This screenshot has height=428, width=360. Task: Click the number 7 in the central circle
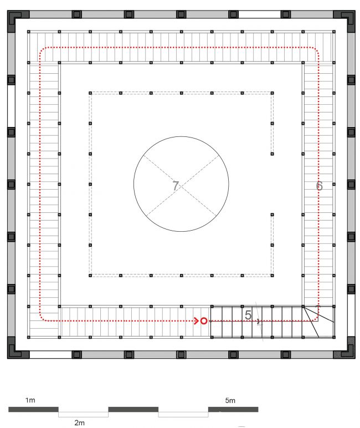176,186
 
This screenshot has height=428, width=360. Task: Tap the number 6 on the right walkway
320,186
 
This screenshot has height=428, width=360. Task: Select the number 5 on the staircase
248,315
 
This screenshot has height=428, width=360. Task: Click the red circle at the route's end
204,321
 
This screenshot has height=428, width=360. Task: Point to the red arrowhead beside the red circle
196,321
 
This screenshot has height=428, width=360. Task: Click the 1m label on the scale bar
30,400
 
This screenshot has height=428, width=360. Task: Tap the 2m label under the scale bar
79,422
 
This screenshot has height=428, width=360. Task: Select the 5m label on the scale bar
230,400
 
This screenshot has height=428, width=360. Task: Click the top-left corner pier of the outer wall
16,19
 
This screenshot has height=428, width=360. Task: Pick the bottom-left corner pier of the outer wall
16,350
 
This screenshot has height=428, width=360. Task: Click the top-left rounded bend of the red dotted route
42,50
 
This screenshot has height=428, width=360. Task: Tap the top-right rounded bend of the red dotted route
316,50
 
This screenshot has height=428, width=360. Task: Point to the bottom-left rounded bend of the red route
42,318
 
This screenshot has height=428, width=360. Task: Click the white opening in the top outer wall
259,14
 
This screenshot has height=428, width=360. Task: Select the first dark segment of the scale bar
33,409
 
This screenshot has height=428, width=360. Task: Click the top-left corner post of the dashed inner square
90,93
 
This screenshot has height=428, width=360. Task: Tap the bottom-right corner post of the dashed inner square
272,276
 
